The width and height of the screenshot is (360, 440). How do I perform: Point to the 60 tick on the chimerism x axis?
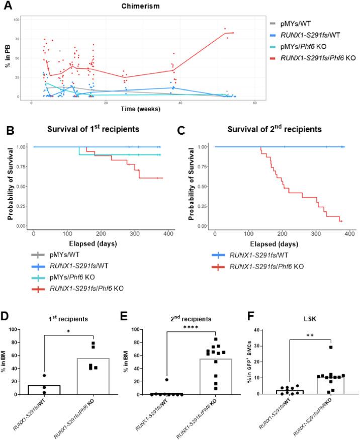(x=255, y=103)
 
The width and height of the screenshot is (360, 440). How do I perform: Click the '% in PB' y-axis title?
(x=8, y=58)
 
